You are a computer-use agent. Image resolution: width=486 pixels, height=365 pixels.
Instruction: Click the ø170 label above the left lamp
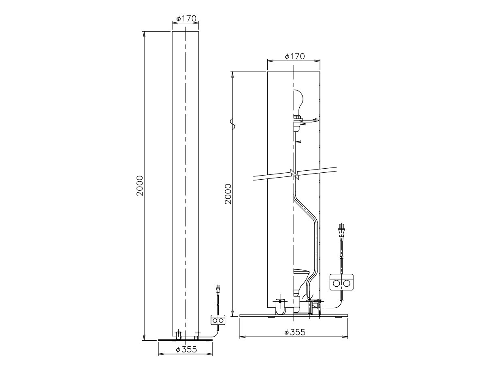pos(186,19)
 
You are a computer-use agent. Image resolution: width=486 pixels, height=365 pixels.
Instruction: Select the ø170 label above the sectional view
pos(295,56)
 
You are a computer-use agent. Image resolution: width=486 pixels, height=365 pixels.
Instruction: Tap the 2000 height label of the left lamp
pos(140,186)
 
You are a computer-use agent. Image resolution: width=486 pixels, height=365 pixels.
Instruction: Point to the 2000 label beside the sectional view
pos(228,194)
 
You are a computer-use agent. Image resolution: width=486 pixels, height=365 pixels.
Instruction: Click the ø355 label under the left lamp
pos(186,350)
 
